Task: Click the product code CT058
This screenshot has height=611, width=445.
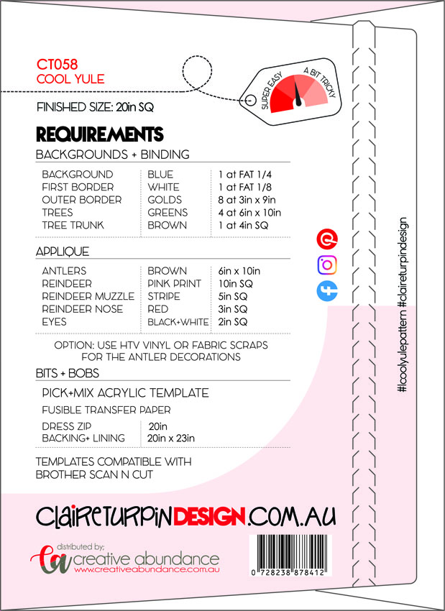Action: [x=57, y=64]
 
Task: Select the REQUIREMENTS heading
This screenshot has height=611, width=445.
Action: [x=100, y=134]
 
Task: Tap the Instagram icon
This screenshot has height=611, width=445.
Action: [x=327, y=265]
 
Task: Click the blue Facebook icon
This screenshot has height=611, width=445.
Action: [x=327, y=291]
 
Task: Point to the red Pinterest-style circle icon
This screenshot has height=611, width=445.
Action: [x=327, y=239]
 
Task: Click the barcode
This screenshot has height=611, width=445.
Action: [x=290, y=556]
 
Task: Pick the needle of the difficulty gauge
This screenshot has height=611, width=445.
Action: [x=298, y=95]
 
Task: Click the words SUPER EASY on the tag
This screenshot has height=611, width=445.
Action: [x=271, y=90]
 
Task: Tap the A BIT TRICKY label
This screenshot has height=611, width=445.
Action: [x=320, y=82]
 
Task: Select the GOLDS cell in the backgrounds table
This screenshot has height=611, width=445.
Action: [x=165, y=200]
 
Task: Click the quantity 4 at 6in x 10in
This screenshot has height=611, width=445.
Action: [x=249, y=213]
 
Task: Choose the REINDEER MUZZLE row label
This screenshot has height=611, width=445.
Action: [x=88, y=297]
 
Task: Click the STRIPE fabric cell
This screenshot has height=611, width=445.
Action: [x=164, y=297]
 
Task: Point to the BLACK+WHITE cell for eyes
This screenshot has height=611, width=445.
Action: [x=178, y=322]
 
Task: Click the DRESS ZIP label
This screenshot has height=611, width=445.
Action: [x=67, y=426]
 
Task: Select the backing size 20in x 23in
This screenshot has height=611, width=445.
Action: [x=171, y=438]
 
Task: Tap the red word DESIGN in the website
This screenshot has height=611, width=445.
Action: [x=209, y=517]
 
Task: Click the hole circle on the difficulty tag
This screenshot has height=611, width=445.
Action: [x=249, y=99]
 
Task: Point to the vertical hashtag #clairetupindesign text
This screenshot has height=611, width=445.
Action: [x=403, y=261]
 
